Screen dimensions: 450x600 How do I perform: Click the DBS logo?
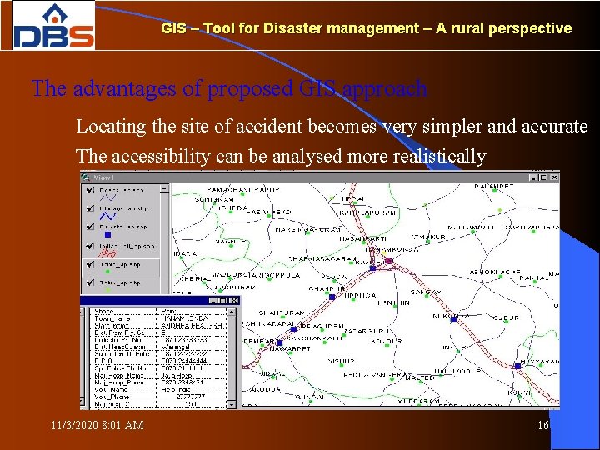click(x=53, y=26)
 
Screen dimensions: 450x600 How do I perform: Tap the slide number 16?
click(x=544, y=426)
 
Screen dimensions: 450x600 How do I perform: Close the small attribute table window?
click(x=234, y=301)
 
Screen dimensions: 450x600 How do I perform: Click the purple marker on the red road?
click(x=388, y=262)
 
